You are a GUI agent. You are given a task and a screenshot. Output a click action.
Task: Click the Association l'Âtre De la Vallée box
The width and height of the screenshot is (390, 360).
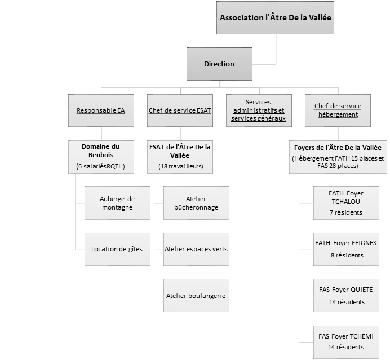point(275,17)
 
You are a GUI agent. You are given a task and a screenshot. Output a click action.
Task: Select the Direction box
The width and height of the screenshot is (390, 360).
point(219,64)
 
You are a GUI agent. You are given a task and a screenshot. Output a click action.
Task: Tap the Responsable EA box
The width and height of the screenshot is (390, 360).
point(101,110)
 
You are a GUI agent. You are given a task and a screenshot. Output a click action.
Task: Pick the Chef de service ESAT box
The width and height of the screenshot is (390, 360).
point(180,110)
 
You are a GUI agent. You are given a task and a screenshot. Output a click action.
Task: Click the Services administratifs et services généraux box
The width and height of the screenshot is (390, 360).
point(259,110)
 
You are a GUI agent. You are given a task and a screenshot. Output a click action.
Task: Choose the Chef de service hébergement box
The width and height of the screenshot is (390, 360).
point(338,110)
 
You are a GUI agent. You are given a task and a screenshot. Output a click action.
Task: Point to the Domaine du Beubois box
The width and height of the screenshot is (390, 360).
point(101,157)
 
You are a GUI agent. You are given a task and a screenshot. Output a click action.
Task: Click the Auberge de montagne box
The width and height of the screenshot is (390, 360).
point(117,203)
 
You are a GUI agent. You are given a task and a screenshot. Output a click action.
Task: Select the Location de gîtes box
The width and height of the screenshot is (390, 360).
point(117,250)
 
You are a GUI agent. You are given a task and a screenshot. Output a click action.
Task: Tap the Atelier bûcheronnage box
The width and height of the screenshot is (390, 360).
point(196,203)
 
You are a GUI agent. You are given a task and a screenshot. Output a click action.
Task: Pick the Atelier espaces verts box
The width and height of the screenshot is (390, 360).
point(196,250)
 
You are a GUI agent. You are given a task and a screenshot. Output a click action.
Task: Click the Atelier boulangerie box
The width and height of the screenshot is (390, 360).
point(196,296)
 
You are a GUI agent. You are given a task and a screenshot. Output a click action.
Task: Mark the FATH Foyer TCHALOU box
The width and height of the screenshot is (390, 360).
point(346,203)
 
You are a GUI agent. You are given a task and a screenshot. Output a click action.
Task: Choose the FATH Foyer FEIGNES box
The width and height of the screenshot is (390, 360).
point(346,250)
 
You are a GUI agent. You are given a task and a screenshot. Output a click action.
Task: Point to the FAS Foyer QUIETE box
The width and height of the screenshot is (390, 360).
point(346,296)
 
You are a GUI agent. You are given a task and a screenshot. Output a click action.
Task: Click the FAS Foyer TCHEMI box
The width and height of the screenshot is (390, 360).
point(346,343)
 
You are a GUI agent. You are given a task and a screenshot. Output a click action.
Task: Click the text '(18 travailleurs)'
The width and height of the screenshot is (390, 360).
point(181,166)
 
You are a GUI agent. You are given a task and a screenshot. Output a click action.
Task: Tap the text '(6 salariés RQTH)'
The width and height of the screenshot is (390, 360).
point(100,166)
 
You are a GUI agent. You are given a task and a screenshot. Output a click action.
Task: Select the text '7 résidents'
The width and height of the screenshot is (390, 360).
point(346,212)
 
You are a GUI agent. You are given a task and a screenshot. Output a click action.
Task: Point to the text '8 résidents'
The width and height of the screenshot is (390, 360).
point(347,255)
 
